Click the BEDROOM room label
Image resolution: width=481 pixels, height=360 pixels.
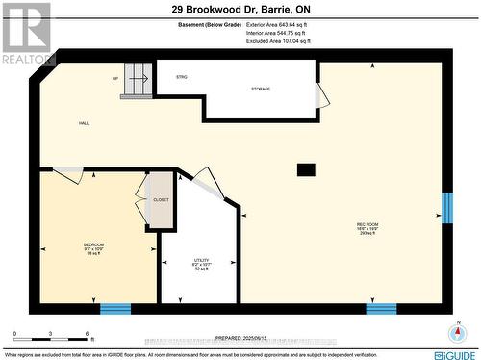(x=93, y=245)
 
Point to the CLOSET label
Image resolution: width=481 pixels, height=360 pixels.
(x=161, y=199)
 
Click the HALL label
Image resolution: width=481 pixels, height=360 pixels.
(x=85, y=123)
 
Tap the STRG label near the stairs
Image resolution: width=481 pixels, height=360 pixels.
(x=181, y=76)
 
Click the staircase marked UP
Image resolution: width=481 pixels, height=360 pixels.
(x=138, y=82)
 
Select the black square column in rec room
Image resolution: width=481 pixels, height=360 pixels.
(x=305, y=170)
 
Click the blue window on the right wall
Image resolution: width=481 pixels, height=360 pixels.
(x=446, y=208)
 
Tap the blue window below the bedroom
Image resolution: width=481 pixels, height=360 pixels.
(x=115, y=308)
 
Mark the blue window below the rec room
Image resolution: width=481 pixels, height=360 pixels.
(x=381, y=308)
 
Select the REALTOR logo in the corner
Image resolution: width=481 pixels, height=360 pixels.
(x=26, y=35)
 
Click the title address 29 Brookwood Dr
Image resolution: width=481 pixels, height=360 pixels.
(x=240, y=9)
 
